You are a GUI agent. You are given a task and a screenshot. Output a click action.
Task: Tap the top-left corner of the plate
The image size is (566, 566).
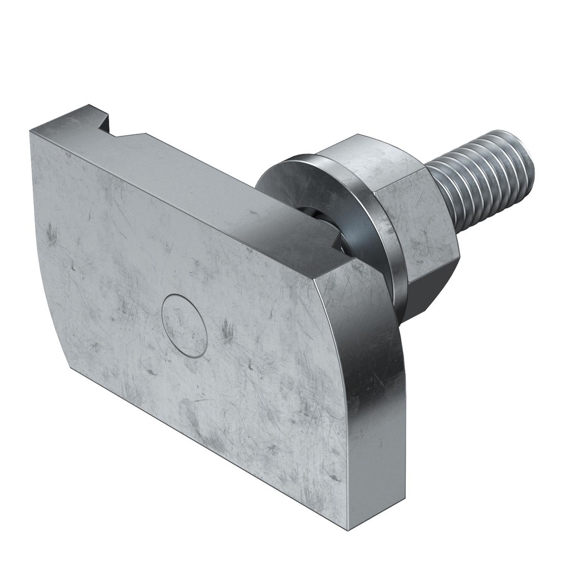pos(31,131)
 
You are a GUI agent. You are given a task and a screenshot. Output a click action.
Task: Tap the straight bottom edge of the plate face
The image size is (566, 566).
pos(209,447)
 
